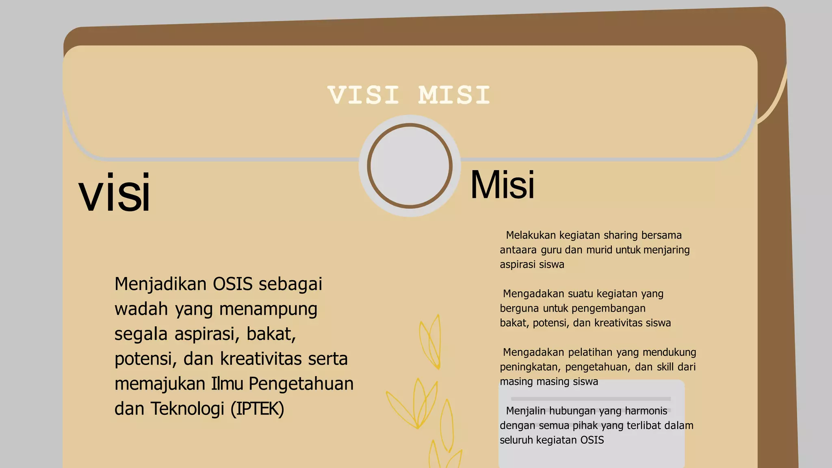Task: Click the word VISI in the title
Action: coord(364,95)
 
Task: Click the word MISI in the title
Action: coord(454,95)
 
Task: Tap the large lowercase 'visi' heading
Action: coord(115,193)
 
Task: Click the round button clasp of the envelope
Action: coord(409,166)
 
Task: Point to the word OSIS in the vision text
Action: coord(233,284)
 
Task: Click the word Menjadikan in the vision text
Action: coord(161,284)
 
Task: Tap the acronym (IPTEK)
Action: coord(257,409)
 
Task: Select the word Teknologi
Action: coord(187,409)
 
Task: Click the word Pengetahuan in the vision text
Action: coord(301,384)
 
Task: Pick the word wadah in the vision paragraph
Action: coord(141,309)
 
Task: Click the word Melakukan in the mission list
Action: coord(531,235)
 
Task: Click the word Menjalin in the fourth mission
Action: coord(526,411)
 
